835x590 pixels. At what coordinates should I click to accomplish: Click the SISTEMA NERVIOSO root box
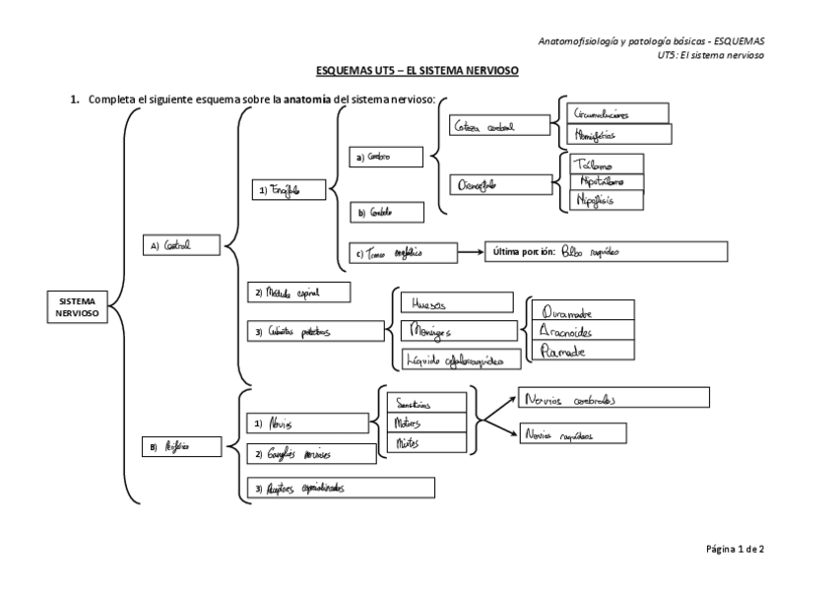78,306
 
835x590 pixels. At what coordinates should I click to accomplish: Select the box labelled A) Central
179,246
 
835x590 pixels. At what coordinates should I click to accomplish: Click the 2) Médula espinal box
296,293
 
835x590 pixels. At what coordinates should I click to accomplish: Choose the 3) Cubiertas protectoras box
314,332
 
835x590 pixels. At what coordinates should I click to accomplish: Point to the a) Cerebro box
385,157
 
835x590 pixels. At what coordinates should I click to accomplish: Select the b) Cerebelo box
387,212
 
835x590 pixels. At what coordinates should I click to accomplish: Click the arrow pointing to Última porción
472,251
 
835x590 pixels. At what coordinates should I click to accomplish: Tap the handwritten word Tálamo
594,164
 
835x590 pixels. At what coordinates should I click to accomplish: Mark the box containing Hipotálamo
607,182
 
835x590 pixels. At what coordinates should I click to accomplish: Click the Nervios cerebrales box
614,397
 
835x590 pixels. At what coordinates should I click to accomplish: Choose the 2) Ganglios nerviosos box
310,454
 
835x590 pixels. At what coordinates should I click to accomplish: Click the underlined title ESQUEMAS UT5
417,72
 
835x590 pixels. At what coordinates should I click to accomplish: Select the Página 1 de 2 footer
735,549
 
